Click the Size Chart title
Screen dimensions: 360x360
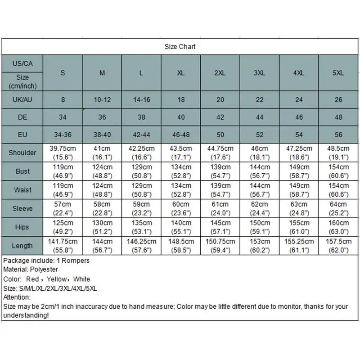(x=180, y=46)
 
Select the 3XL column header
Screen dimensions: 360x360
(x=259, y=73)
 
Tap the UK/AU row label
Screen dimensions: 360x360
(x=22, y=99)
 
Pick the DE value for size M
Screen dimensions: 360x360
(x=102, y=117)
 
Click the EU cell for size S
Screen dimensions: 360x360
(x=63, y=135)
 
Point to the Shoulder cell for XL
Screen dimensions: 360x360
(x=180, y=153)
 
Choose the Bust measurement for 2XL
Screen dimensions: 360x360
(x=220, y=171)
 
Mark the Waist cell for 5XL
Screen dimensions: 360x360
(x=338, y=189)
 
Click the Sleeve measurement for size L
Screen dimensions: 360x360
(x=141, y=208)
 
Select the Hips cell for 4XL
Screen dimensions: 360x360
(x=299, y=227)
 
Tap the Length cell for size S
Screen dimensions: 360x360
(x=63, y=245)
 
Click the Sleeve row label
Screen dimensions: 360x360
(x=22, y=208)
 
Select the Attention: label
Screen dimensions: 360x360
(x=17, y=297)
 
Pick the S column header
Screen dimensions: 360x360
(x=63, y=73)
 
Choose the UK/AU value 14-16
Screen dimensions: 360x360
(x=141, y=99)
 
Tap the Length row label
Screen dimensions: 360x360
(x=22, y=246)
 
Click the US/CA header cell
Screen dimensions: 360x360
(x=22, y=63)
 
